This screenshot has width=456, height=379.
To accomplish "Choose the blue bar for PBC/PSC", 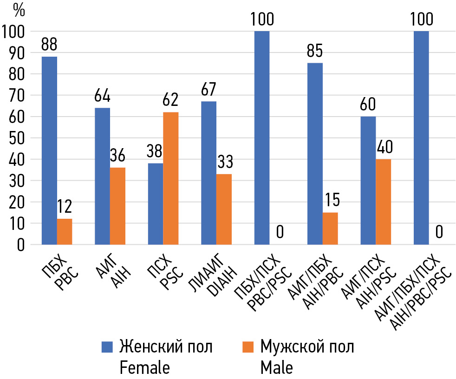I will tap(262, 137).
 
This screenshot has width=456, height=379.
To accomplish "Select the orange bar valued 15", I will tap(330, 228).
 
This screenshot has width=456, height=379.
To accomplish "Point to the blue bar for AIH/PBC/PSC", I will tap(421, 137).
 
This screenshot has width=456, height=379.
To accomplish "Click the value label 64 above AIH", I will tap(102, 98).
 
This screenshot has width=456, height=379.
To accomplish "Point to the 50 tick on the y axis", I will tap(15, 138).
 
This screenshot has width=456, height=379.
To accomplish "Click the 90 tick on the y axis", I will tap(15, 53).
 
